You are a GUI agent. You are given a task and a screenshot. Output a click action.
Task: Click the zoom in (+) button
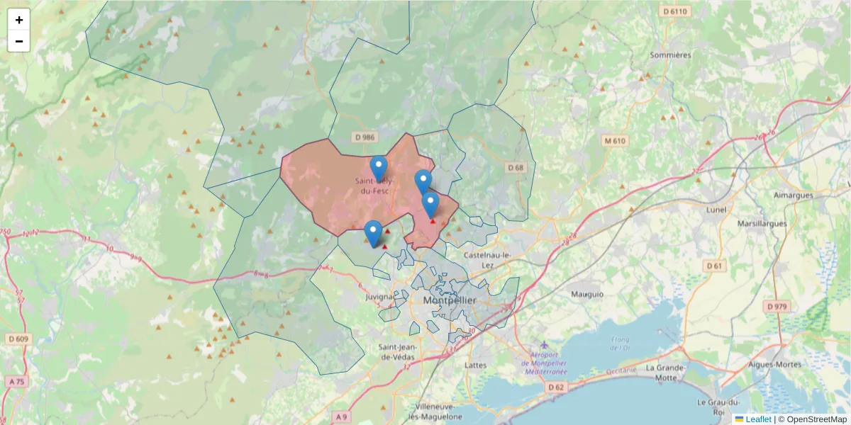tap(19, 20)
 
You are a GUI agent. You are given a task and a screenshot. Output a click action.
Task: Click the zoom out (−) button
tap(19, 41)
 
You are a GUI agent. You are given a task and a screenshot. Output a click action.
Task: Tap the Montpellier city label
tap(450, 301)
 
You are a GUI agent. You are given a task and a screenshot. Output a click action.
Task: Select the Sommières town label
tap(670, 55)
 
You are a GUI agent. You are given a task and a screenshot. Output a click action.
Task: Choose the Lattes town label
tap(474, 365)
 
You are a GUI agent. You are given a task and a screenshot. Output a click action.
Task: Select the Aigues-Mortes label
tap(775, 365)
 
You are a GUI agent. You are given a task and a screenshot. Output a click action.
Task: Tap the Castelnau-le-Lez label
tap(487, 254)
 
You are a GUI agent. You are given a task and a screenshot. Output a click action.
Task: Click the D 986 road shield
tap(362, 136)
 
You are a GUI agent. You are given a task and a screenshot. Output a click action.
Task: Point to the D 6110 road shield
tap(674, 11)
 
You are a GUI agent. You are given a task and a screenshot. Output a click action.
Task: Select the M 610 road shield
tap(615, 141)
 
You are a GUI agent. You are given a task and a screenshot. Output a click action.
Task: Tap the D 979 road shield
tap(778, 306)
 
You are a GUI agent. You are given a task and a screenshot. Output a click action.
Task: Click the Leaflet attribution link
tap(757, 419)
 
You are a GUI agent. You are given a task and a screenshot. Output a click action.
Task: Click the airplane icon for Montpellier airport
tap(544, 345)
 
